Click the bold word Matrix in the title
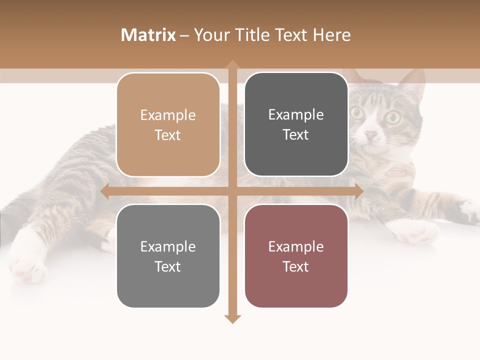click(x=148, y=35)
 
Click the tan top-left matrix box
click(x=168, y=125)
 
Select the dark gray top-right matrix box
click(x=296, y=124)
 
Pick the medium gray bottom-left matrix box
click(x=168, y=256)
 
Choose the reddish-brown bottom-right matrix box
click(x=296, y=256)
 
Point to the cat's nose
click(x=370, y=135)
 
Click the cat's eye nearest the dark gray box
click(x=357, y=113)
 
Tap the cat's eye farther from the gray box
click(x=392, y=118)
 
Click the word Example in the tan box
click(x=168, y=115)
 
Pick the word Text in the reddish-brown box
click(x=296, y=266)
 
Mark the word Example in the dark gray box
click(x=296, y=115)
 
